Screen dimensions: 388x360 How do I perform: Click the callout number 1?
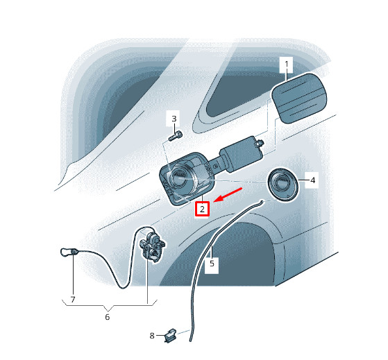point(286,65)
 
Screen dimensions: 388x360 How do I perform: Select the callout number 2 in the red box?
point(202,209)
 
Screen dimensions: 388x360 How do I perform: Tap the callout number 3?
point(174,119)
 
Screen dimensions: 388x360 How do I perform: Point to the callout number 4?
point(312,180)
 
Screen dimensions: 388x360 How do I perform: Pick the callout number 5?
point(212,264)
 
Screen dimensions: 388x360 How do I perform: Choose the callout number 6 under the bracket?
point(107,317)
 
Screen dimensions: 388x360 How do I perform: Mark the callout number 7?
point(73,300)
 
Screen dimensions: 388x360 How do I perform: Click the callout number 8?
point(152,336)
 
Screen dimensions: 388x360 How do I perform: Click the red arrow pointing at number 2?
point(228,195)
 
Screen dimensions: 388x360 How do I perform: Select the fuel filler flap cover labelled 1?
point(299,98)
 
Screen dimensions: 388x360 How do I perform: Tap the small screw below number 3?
point(176,136)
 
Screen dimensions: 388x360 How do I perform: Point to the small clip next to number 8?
point(171,335)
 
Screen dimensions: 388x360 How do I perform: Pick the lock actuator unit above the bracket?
point(152,247)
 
